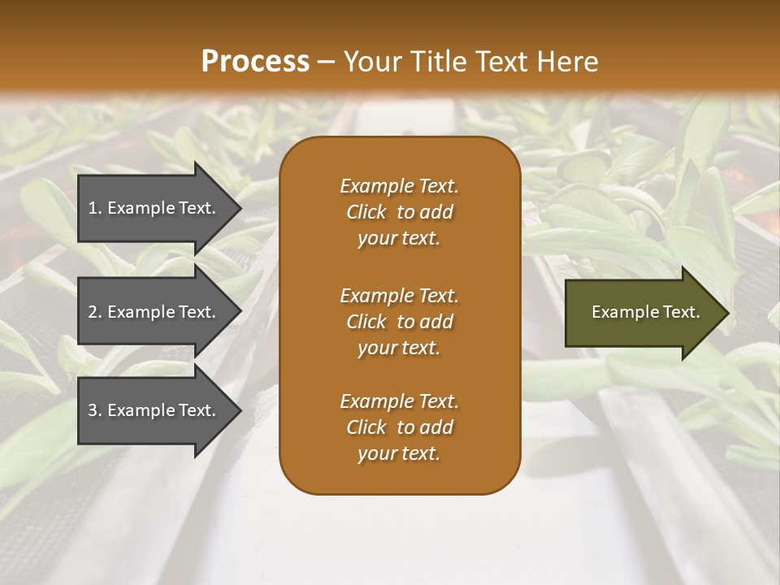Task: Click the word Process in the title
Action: coord(255,62)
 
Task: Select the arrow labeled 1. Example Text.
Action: coord(154,208)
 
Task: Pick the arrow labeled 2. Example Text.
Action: coord(154,312)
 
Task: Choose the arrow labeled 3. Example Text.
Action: coord(154,410)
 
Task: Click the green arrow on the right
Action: coord(642,312)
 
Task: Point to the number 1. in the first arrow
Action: coord(94,208)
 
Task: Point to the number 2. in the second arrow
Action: coord(94,312)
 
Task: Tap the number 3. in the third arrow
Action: coord(94,410)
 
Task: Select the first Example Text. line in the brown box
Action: coord(399,186)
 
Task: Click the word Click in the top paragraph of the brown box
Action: coord(366,212)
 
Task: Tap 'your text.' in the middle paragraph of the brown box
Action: coord(399,348)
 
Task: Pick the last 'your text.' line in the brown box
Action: coord(399,454)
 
